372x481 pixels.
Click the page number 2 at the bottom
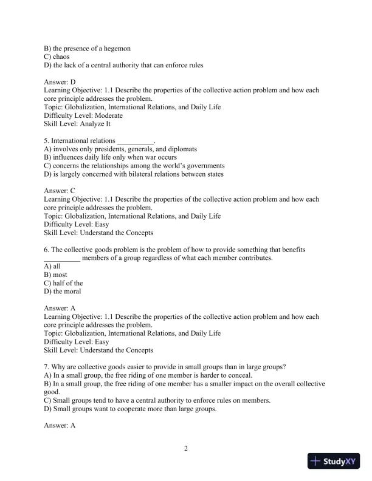click(186, 449)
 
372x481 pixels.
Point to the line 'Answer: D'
click(60, 81)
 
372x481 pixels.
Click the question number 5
click(47, 140)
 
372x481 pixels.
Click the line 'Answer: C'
click(60, 190)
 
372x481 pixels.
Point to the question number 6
click(47, 249)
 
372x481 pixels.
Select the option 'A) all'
click(53, 266)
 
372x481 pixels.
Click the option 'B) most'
click(56, 275)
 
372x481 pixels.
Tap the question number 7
click(47, 366)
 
